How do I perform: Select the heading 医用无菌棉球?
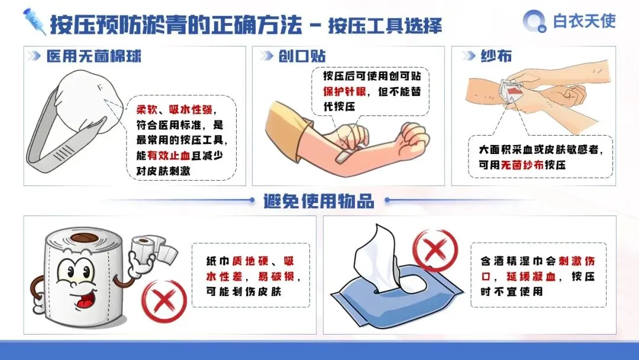tap(93, 56)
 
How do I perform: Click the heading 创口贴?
tap(302, 56)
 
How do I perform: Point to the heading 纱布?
tap(496, 56)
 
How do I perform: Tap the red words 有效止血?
tap(169, 155)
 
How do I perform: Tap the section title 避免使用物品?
tap(319, 201)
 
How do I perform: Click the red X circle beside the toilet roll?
tap(164, 301)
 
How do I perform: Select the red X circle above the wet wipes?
tap(435, 250)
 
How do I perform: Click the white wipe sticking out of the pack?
tap(377, 257)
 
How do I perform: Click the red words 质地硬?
tap(250, 261)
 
